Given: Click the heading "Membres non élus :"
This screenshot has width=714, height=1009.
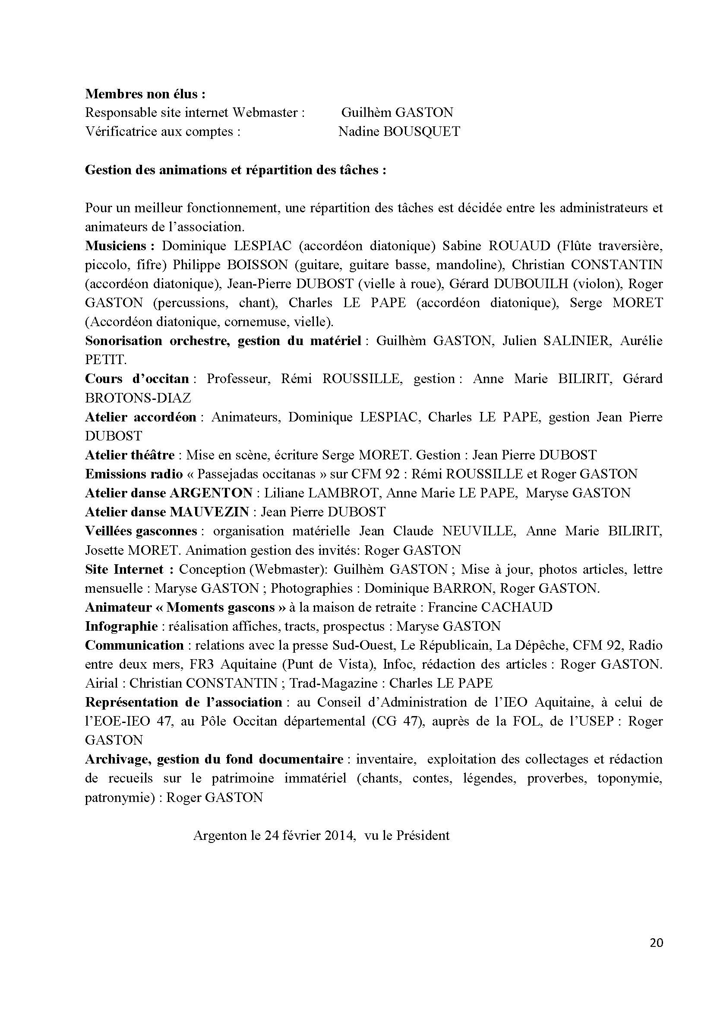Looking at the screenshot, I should point(145,94).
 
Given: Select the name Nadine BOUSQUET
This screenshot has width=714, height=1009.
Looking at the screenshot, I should point(399,132).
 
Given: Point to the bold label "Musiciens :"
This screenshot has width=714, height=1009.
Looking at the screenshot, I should point(120,245).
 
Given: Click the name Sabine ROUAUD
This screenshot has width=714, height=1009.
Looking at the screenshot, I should point(496,245).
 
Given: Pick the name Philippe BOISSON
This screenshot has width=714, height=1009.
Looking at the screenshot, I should point(230,264).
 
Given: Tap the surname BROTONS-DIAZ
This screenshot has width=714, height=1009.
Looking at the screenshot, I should point(138,398).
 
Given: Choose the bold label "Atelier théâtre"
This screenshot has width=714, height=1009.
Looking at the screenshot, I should point(130,455).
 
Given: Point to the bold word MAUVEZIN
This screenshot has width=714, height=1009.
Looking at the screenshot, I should point(209,512).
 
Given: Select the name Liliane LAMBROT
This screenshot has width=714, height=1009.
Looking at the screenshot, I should point(321,493).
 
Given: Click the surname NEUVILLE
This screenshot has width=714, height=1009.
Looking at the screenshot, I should point(478,531).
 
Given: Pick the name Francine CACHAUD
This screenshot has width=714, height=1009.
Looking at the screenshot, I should point(490,607).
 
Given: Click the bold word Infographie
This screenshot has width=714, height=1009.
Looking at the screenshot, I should point(121,626).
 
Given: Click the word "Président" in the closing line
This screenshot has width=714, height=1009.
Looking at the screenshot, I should point(423,836).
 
